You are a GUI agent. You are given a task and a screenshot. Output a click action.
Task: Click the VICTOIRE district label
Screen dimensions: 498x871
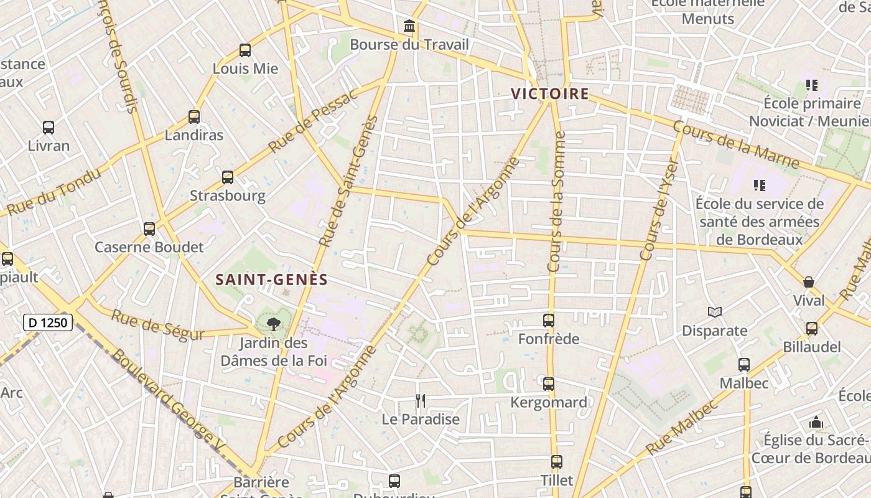[x=550, y=94]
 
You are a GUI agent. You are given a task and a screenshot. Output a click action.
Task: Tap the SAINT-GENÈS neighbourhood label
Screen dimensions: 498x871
[x=271, y=280]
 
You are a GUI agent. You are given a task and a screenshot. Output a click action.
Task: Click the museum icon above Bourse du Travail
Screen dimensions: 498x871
[x=409, y=26]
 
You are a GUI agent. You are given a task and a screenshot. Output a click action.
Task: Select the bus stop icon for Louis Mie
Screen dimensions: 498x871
[x=245, y=50]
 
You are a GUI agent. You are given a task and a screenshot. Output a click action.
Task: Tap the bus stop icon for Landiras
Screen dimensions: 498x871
[x=194, y=117]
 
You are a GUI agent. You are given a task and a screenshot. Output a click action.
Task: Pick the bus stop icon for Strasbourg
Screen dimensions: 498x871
[x=228, y=177]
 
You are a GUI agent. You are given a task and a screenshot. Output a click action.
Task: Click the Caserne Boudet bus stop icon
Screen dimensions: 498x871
[x=149, y=229]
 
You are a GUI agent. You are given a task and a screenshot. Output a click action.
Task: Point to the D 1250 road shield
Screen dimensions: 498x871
[x=48, y=322]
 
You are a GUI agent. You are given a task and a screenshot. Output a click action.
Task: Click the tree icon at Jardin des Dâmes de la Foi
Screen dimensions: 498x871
[x=272, y=324]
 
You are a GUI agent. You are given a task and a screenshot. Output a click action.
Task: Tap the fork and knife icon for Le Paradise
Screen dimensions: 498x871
[x=421, y=401]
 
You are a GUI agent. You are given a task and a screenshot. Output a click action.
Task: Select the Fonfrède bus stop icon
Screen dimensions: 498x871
[x=549, y=321]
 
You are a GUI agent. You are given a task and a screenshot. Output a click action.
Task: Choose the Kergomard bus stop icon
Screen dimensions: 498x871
[x=549, y=384]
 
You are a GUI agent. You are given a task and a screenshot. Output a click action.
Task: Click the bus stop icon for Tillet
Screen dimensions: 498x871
[x=557, y=462]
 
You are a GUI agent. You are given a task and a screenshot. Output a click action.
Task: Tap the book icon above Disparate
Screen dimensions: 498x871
[x=715, y=312]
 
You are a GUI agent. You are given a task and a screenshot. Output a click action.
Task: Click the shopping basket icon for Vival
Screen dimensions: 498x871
[x=809, y=283]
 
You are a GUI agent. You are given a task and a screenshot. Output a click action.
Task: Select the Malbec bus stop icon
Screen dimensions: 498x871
[x=744, y=365]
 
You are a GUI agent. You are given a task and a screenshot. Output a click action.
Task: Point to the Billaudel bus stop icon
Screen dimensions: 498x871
[x=812, y=329]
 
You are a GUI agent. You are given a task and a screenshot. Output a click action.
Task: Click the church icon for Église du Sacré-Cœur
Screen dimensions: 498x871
[x=816, y=423]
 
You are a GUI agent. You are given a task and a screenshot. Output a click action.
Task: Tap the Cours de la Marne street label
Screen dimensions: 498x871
[x=736, y=145]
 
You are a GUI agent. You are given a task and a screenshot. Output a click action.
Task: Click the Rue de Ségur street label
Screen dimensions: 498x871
[x=157, y=325]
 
